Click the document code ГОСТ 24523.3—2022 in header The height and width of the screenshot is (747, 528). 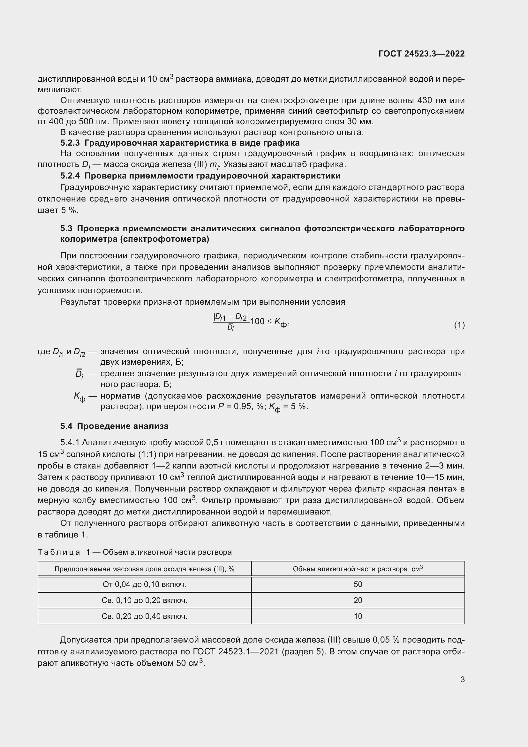click(421, 54)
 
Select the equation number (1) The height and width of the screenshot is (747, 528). click(459, 325)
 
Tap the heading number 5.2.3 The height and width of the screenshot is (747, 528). click(70, 143)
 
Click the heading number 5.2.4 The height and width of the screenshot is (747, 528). click(70, 176)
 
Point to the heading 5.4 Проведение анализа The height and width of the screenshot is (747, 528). click(115, 426)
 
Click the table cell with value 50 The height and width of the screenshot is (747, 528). click(358, 584)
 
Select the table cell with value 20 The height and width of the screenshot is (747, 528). click(358, 600)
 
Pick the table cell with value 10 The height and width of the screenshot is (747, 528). click(358, 616)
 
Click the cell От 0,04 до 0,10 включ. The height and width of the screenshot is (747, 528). click(144, 584)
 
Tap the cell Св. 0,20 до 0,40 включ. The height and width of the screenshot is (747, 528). click(144, 616)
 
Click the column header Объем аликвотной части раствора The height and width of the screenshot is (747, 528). click(358, 569)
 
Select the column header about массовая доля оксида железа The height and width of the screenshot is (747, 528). click(144, 569)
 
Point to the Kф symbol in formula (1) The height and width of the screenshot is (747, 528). click(281, 322)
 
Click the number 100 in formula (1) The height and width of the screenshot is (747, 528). click(258, 322)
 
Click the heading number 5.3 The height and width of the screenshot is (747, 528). click(67, 228)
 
